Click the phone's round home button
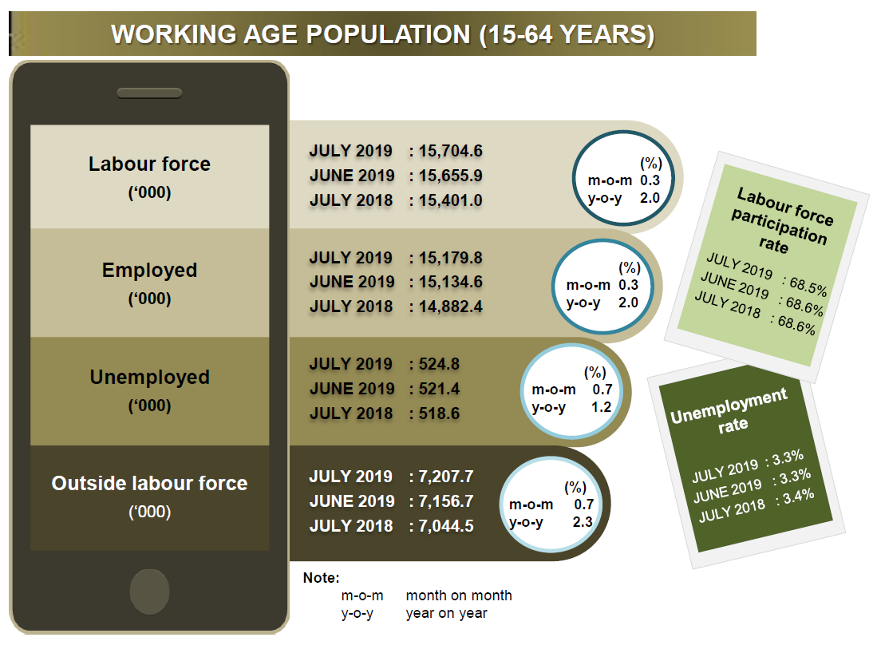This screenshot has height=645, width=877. coord(149,592)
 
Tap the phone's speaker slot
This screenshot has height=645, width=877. coord(149,93)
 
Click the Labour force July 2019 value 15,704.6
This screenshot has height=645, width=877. coord(451,151)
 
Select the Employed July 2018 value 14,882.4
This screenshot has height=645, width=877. coord(451,307)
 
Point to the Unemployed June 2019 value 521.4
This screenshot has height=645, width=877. coord(440,389)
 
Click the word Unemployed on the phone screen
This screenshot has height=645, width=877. coord(150,378)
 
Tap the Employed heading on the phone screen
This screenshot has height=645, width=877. coord(149,271)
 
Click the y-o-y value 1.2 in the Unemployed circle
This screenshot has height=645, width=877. coord(601,407)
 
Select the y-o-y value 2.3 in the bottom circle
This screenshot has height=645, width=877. coord(583,522)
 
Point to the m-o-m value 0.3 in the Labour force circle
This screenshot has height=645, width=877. coord(650,180)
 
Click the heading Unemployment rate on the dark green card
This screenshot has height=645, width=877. coord(730,412)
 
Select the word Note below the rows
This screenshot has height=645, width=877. coord(321,578)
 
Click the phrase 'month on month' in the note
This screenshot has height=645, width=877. coord(459,596)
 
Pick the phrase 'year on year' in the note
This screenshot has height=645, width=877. coord(446,614)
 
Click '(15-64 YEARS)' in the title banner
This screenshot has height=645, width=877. coord(567,34)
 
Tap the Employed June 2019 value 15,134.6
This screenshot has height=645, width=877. coord(451,282)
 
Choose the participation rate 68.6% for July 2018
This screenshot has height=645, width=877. coord(796,324)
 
